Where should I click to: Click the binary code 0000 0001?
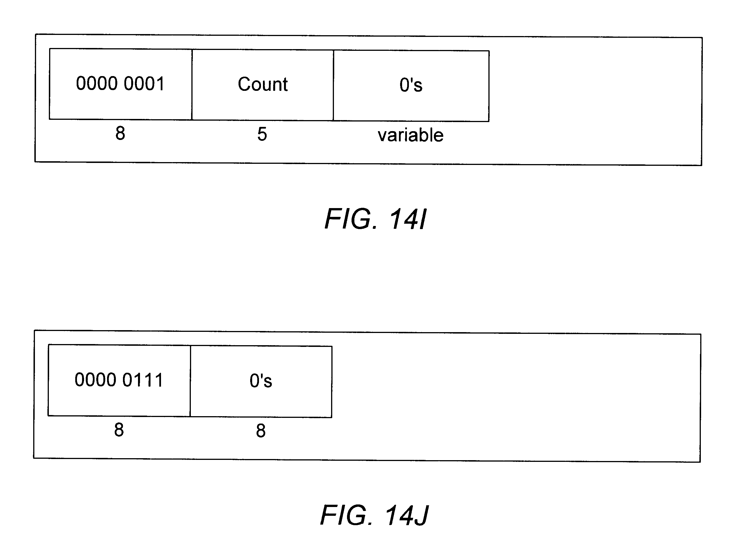[120, 83]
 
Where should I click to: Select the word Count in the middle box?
[263, 84]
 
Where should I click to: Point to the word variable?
[410, 135]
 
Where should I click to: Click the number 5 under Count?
[262, 134]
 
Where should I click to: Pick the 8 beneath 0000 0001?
[120, 133]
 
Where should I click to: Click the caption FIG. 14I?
[375, 219]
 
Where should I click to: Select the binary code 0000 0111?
[119, 380]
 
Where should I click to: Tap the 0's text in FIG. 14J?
[261, 381]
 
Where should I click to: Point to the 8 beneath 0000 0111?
[119, 430]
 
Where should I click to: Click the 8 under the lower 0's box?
[261, 431]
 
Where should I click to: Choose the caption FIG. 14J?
[374, 515]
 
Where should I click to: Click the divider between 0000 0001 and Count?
[192, 85]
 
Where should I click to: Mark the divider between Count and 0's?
[333, 85]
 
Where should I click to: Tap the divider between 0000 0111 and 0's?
[190, 381]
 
